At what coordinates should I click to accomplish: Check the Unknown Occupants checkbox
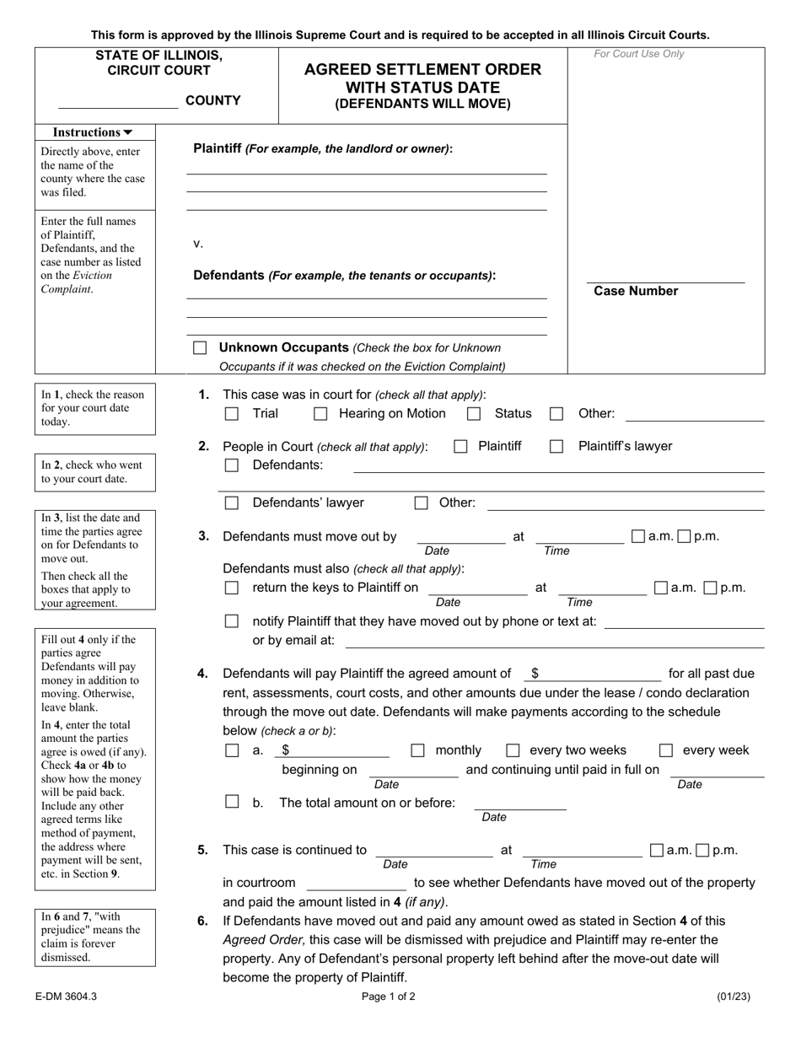click(x=200, y=347)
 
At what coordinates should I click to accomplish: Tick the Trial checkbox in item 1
click(x=231, y=414)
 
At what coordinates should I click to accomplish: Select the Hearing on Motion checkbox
click(x=320, y=414)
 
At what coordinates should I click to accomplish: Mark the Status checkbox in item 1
click(x=474, y=414)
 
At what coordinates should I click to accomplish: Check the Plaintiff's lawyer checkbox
click(x=556, y=447)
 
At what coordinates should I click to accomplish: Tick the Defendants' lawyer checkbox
click(x=231, y=503)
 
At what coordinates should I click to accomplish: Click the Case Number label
click(x=636, y=291)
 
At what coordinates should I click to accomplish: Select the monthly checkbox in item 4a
click(x=417, y=750)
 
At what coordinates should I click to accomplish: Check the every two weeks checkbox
click(x=513, y=750)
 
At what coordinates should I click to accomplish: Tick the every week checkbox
click(x=666, y=750)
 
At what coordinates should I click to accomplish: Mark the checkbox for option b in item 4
click(x=231, y=802)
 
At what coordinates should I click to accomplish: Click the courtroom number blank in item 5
click(x=357, y=883)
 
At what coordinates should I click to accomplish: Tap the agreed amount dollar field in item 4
click(x=599, y=674)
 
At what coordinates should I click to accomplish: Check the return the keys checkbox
click(x=231, y=588)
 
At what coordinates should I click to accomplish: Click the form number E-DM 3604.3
click(x=67, y=997)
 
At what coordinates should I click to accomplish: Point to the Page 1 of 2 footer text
click(x=388, y=997)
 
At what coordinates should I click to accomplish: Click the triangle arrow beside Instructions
click(x=127, y=132)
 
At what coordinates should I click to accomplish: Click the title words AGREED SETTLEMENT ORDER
click(x=422, y=69)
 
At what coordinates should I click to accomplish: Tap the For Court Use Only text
click(x=639, y=54)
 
